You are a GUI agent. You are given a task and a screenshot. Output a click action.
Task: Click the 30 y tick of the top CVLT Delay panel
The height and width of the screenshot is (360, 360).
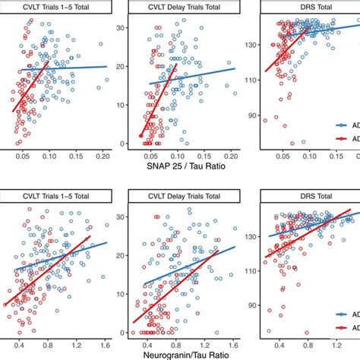pos(119,27)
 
